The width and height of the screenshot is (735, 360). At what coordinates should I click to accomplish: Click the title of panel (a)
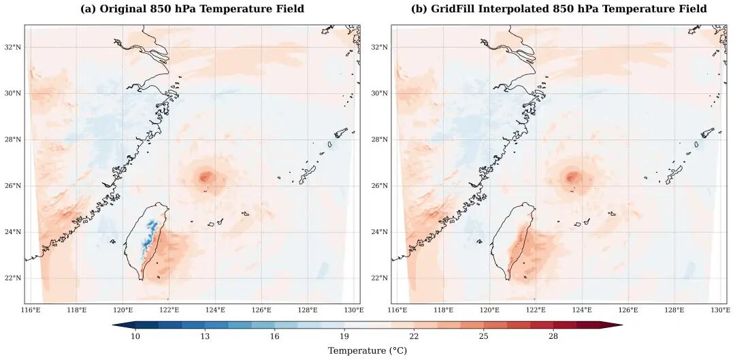point(192,9)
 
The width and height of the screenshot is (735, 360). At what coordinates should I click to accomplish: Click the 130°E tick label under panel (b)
point(721,310)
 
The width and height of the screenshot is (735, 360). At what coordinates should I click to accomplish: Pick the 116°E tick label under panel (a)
point(31,310)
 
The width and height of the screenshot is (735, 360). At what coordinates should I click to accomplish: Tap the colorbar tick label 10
point(135,336)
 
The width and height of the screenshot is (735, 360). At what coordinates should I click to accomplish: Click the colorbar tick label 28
point(553,336)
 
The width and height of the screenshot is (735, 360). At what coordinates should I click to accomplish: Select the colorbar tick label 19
point(344,336)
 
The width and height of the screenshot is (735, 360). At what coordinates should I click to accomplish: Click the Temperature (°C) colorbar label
point(367,350)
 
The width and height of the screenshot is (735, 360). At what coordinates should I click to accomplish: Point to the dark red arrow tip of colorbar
point(618,325)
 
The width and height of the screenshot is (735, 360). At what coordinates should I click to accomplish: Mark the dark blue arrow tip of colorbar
point(117,325)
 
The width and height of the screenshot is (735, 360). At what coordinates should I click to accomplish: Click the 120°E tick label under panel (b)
point(489,310)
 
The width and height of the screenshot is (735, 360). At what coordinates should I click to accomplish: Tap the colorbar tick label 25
point(483,336)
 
